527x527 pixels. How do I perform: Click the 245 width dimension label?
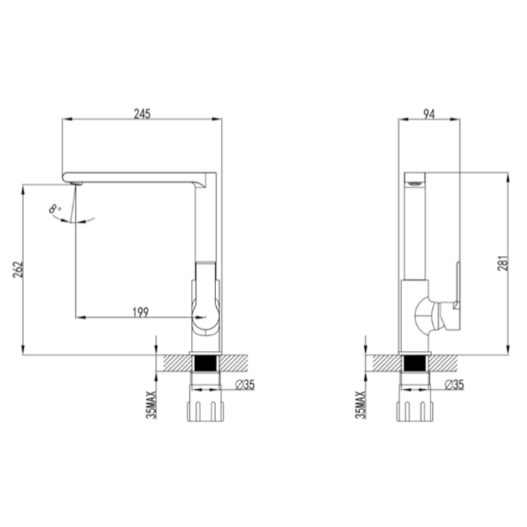click(142, 114)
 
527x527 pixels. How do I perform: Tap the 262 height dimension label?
click(17, 269)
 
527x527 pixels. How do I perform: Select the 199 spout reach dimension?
click(141, 312)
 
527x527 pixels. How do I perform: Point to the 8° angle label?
click(55, 209)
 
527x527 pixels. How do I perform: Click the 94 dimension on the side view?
click(429, 114)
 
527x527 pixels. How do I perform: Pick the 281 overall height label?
click(502, 263)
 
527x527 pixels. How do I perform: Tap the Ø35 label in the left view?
click(245, 385)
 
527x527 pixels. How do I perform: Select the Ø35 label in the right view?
click(454, 385)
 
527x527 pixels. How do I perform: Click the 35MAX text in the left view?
click(151, 405)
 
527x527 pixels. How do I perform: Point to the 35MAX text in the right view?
click(361, 405)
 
